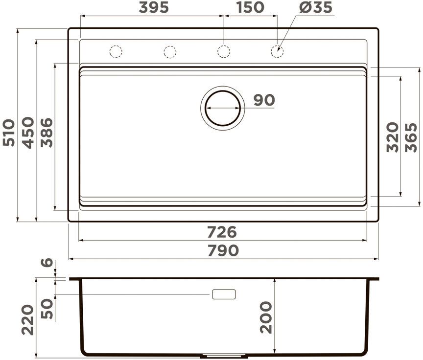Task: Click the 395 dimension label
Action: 154,7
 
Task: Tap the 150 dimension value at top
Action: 250,7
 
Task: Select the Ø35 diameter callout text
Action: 316,7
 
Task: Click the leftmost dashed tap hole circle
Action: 116,51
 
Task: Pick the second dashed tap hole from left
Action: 170,52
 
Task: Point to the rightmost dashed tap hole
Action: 277,51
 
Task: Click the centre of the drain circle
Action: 223,108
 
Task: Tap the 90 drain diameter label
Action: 264,100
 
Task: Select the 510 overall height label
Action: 9,133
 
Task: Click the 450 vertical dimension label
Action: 28,133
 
